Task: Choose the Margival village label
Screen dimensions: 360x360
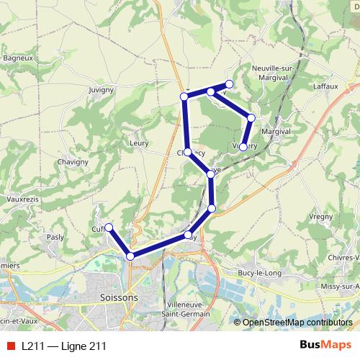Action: click(x=276, y=132)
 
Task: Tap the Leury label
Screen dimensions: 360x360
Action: click(x=138, y=143)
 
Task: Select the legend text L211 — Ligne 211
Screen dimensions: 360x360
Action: click(x=63, y=346)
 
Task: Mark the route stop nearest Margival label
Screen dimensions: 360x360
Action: click(x=251, y=117)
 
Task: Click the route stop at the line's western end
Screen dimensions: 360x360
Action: click(x=109, y=228)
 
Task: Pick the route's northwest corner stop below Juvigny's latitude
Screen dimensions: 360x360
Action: click(x=184, y=96)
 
